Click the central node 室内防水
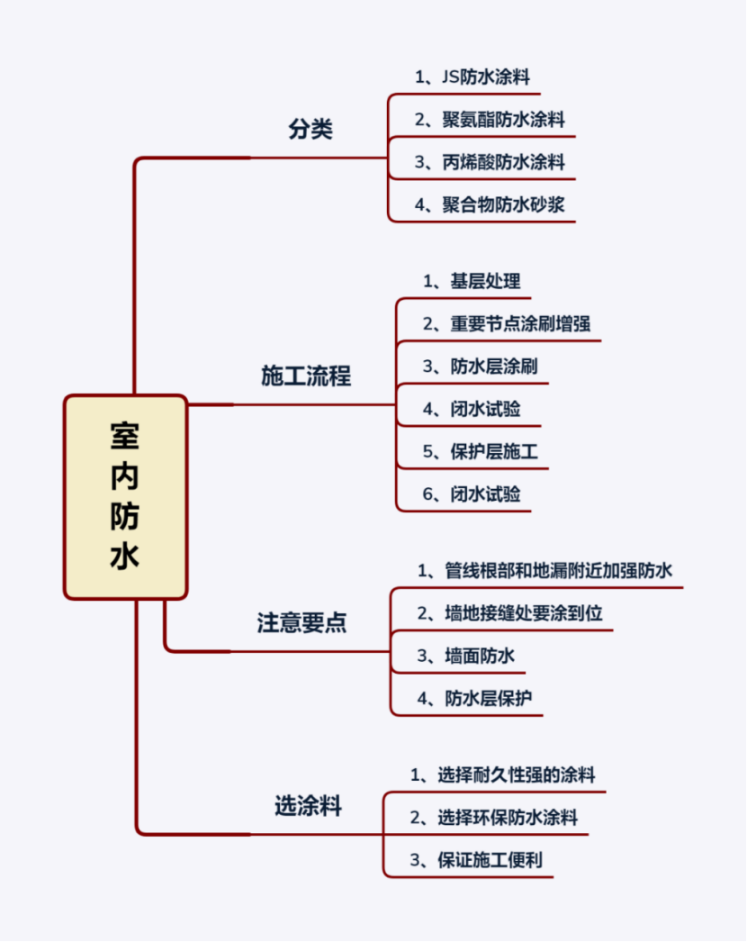point(125,497)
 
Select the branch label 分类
point(310,129)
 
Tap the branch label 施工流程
point(306,376)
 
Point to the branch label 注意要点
point(301,622)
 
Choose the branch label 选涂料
point(308,805)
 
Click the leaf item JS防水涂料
point(479,77)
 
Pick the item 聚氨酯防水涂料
point(490,120)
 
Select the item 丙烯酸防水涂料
point(490,162)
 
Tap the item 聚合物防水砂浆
point(490,204)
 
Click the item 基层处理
point(472,281)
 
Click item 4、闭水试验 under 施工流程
point(472,409)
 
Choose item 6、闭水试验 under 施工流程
point(472,494)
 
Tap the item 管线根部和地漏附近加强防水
point(544,571)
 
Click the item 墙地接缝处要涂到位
point(509,614)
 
